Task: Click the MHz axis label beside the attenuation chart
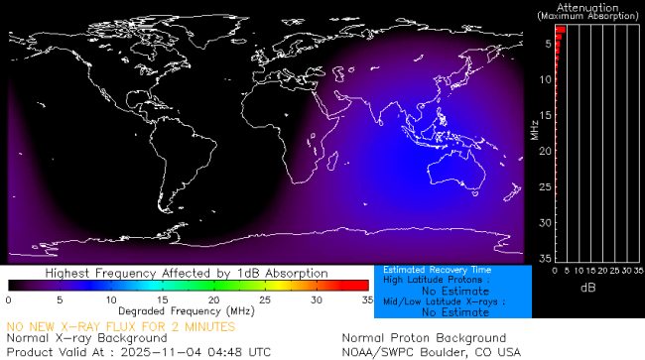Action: click(x=534, y=129)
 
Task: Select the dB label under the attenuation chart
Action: click(x=589, y=287)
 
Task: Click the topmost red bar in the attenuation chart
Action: click(x=560, y=30)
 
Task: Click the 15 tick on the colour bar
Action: click(x=162, y=299)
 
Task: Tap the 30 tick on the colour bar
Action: click(x=316, y=299)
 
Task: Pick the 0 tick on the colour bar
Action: click(x=8, y=299)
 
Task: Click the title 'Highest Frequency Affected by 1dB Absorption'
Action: click(x=187, y=273)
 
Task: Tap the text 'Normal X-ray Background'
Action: click(x=87, y=338)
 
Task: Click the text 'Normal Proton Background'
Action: click(x=424, y=338)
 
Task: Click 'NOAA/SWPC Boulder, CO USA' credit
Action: click(x=431, y=351)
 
